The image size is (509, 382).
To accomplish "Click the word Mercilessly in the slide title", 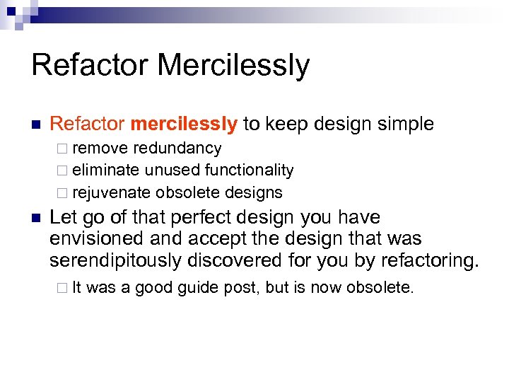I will click(233, 66).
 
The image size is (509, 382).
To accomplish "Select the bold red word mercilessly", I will click(184, 125).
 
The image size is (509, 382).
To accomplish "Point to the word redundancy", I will click(177, 149).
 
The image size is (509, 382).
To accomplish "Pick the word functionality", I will click(249, 170).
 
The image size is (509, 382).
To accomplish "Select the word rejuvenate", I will click(112, 192).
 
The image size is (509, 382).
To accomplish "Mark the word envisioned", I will click(94, 239).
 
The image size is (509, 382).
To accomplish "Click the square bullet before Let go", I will click(36, 218).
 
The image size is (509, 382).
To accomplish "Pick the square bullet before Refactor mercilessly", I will click(36, 125).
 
